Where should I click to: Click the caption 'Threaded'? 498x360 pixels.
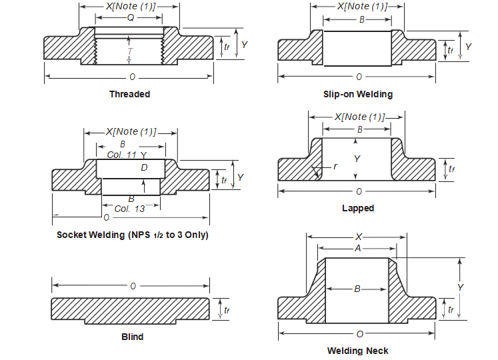click(x=129, y=94)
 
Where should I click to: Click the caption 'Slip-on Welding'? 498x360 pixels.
click(x=357, y=94)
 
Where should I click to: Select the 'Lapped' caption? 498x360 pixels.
click(x=358, y=208)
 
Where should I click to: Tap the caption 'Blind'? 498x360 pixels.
click(x=132, y=337)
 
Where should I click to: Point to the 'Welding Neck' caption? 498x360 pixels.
click(x=357, y=351)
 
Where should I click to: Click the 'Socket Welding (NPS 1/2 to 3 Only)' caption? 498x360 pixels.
click(x=132, y=235)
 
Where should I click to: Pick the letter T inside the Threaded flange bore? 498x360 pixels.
click(x=130, y=50)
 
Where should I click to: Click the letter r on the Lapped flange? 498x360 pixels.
click(x=335, y=165)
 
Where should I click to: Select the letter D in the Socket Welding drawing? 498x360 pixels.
click(x=144, y=167)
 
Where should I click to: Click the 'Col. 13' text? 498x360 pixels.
click(x=129, y=209)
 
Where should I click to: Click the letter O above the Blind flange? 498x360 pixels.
click(x=133, y=286)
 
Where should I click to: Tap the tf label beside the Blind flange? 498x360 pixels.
click(x=227, y=310)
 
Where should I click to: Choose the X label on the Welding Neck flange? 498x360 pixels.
click(x=358, y=237)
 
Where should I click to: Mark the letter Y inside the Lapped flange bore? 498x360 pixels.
click(x=357, y=159)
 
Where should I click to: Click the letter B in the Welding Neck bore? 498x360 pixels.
click(x=357, y=289)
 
